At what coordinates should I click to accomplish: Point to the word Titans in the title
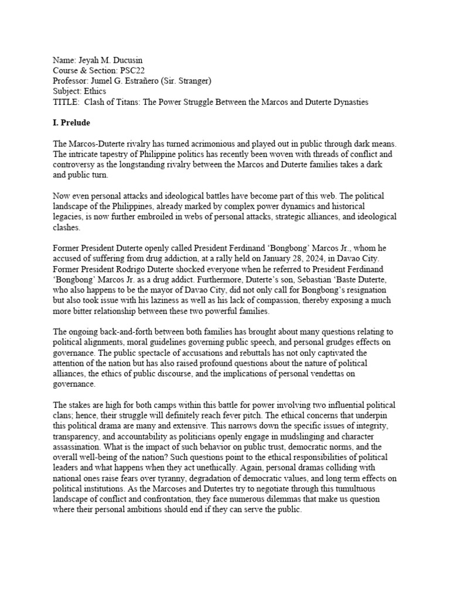[139, 102]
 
